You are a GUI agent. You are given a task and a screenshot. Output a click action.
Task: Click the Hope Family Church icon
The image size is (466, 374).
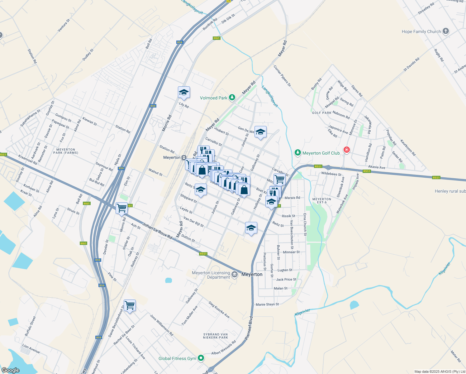click(x=446, y=31)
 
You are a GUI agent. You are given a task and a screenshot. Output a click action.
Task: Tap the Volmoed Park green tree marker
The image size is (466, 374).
click(x=232, y=98)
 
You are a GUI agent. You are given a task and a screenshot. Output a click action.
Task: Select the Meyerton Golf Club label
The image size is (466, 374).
click(x=321, y=153)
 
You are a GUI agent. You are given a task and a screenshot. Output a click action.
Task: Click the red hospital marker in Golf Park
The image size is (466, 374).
click(x=346, y=150)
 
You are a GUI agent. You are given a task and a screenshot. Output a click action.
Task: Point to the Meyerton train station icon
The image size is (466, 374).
click(x=184, y=158)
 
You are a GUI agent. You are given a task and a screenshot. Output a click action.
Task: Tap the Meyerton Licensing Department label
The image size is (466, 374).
click(x=211, y=275)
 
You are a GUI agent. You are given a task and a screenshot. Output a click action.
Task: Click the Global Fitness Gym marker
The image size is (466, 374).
click(x=201, y=358)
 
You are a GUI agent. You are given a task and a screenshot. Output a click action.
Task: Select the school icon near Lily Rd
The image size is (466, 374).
click(x=184, y=92)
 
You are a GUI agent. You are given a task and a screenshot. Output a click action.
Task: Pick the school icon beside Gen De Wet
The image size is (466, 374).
click(x=260, y=132)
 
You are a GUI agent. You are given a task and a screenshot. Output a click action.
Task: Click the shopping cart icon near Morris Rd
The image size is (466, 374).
click(x=121, y=208)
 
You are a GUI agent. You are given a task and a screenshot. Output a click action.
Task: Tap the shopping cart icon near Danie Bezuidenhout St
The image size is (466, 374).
click(x=130, y=305)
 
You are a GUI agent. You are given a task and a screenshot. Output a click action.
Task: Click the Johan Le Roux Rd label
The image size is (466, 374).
click(x=157, y=231)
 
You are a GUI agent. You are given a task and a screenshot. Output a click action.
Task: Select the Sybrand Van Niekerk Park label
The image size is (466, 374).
click(x=216, y=336)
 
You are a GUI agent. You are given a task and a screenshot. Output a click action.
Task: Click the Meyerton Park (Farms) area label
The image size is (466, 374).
click(x=66, y=151)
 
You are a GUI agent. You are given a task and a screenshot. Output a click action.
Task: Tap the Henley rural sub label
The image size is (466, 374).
click(x=450, y=191)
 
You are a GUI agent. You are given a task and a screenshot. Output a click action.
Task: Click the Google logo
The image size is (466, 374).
click(x=10, y=370)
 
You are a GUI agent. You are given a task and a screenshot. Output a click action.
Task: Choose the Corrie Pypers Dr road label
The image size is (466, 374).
click(x=282, y=76)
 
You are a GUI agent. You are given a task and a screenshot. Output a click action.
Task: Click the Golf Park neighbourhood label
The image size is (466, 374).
click(x=321, y=113)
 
